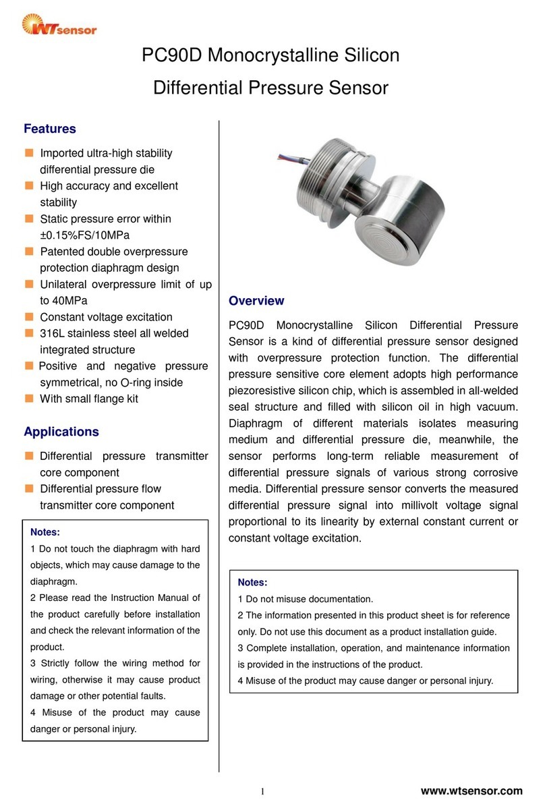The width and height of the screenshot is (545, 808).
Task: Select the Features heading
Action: (49, 128)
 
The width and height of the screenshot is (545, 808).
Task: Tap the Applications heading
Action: (61, 432)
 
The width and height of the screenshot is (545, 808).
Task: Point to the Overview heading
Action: (256, 301)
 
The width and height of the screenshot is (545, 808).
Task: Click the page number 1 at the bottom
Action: (262, 792)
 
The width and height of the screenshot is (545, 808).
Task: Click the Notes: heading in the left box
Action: (46, 532)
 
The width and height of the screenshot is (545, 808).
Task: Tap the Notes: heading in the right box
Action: (253, 582)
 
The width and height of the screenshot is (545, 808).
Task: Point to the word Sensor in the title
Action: (357, 88)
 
